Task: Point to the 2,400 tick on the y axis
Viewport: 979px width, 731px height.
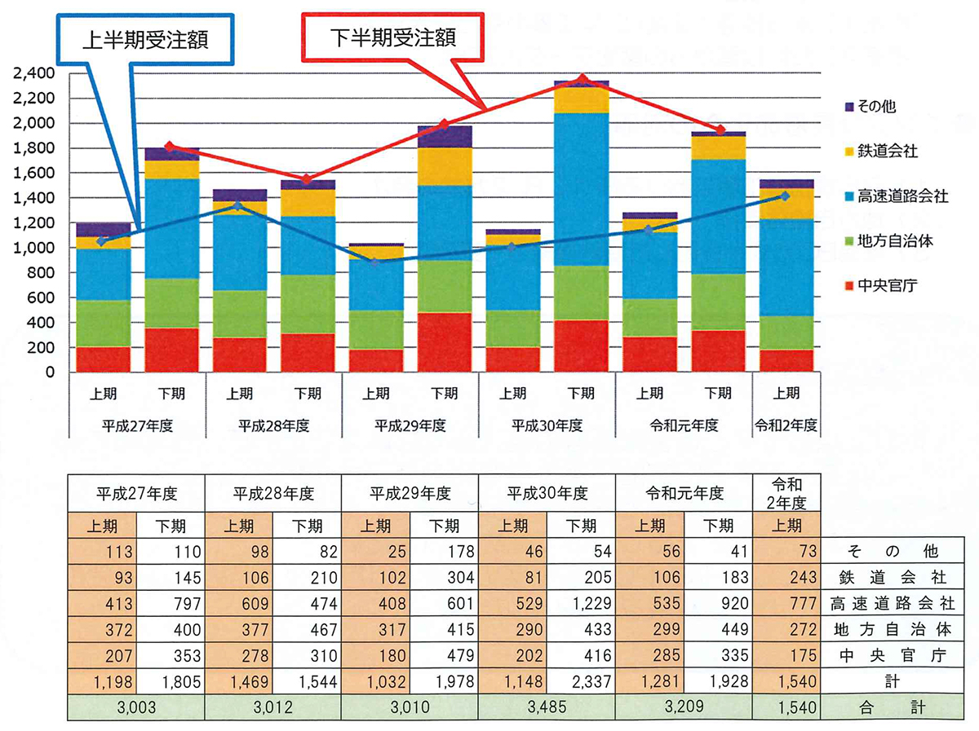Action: [33, 73]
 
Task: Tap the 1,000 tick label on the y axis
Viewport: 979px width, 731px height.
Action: [33, 248]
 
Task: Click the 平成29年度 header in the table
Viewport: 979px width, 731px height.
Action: [410, 494]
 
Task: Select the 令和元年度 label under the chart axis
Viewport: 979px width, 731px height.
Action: [684, 425]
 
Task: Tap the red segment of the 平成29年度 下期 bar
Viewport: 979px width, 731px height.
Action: [444, 342]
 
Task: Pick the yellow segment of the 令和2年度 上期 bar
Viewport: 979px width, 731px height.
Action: [786, 204]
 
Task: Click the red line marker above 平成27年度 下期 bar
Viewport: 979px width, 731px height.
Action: [170, 147]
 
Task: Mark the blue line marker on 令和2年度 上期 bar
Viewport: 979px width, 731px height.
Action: [786, 196]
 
